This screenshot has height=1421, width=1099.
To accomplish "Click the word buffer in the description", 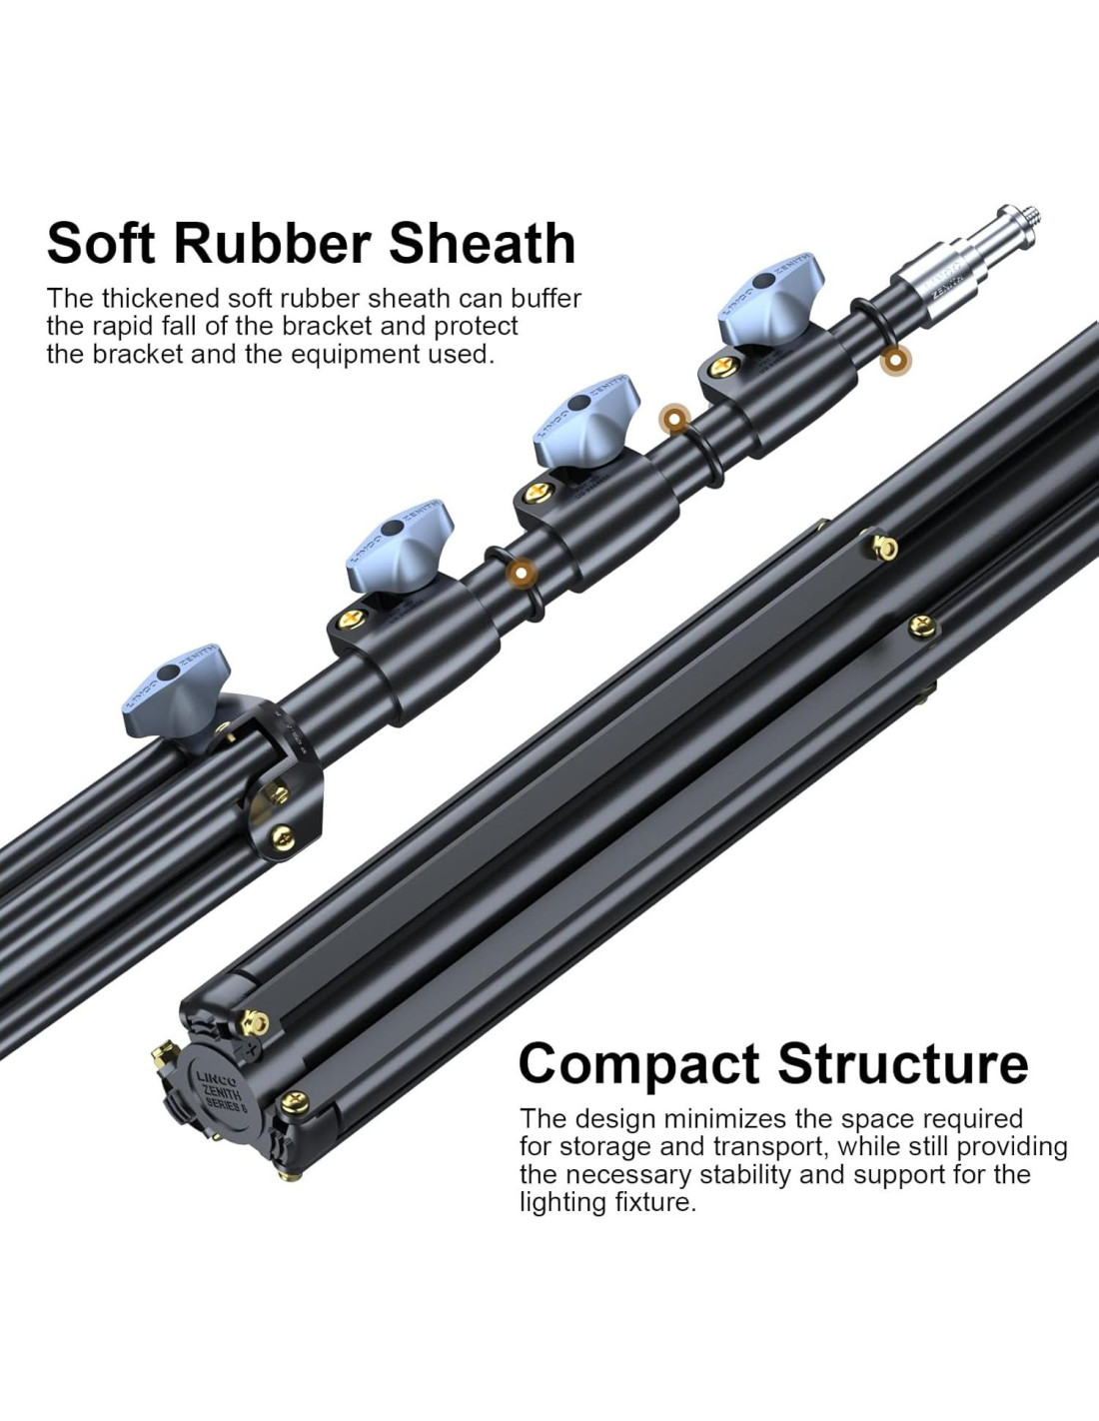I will tap(546, 298).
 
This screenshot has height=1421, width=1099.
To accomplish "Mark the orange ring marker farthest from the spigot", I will tap(520, 572).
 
